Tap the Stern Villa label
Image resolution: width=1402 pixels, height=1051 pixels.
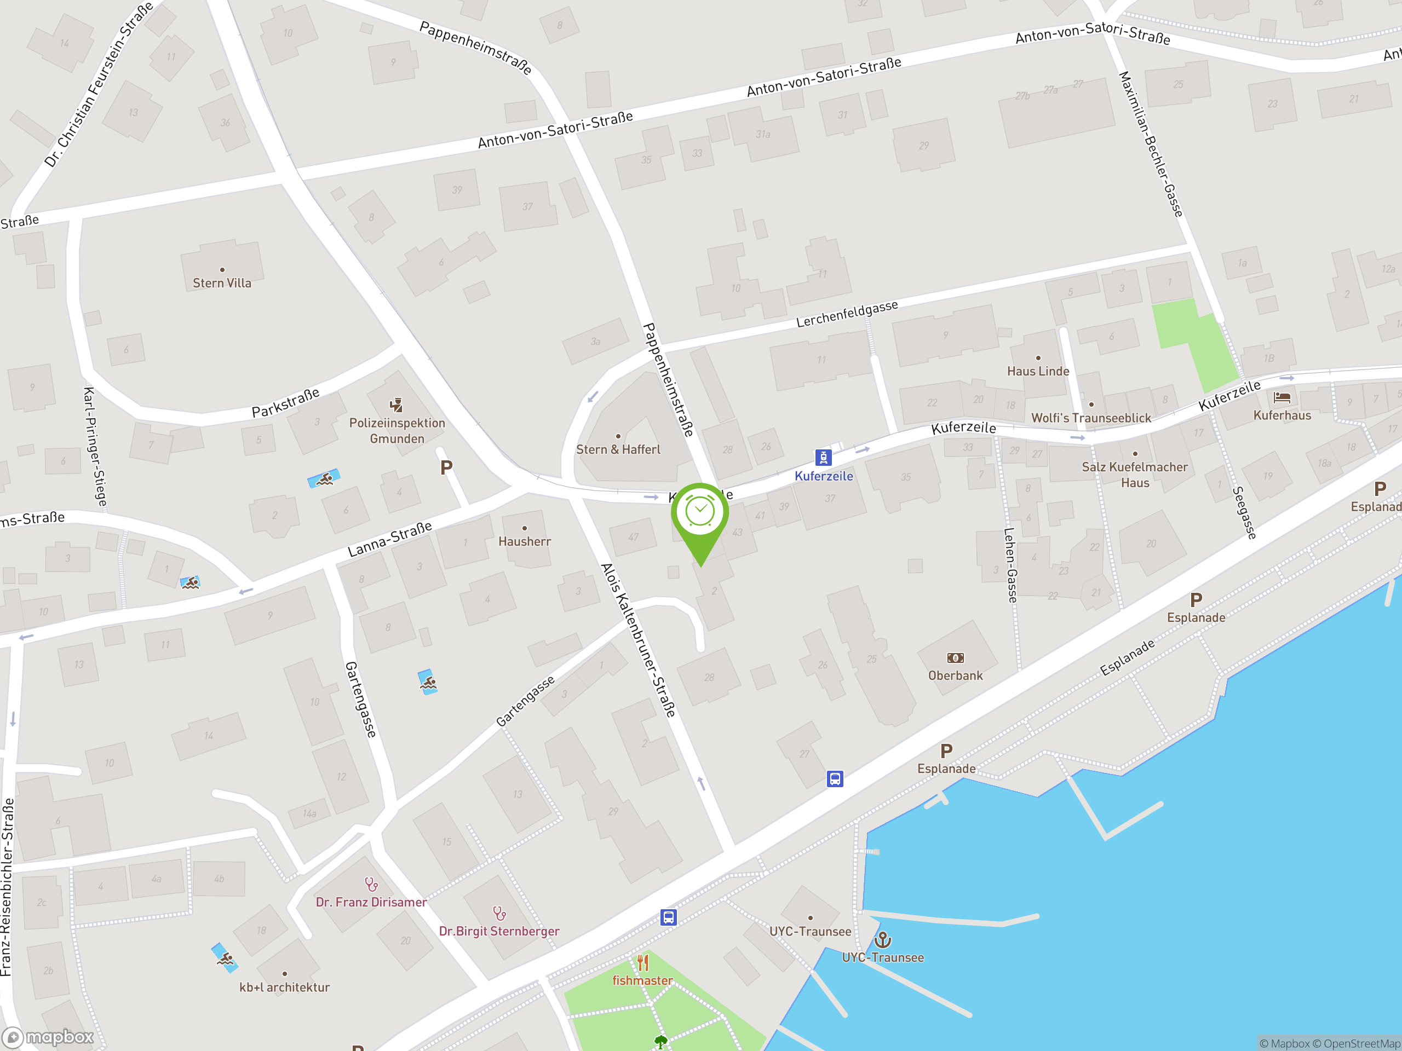(x=222, y=283)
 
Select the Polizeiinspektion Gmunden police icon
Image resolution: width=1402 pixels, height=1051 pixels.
(x=396, y=405)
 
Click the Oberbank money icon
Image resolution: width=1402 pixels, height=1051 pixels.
(x=955, y=658)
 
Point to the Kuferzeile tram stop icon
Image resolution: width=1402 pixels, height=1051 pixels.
(x=823, y=457)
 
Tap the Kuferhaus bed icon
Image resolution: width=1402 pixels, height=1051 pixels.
(x=1282, y=398)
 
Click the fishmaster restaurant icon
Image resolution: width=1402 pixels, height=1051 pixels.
(x=643, y=963)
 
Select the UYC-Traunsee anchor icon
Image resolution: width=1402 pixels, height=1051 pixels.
(x=882, y=939)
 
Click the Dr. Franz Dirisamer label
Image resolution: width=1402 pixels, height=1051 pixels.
(x=371, y=902)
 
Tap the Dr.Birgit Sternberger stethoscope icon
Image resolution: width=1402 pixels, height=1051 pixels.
(x=499, y=914)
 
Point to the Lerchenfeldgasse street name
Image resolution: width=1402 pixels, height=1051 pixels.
(x=847, y=314)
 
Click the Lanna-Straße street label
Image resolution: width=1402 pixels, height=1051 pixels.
(x=390, y=539)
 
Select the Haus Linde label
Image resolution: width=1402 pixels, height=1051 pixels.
(x=1038, y=371)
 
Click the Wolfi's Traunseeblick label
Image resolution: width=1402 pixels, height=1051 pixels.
(x=1091, y=418)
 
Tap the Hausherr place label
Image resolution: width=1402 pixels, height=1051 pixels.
(x=524, y=542)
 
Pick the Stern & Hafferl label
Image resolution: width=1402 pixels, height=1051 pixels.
(x=618, y=450)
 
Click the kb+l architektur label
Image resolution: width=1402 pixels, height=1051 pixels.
(x=285, y=987)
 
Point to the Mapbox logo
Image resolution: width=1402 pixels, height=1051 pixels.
(x=49, y=1037)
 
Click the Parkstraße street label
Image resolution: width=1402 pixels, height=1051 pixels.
(x=285, y=403)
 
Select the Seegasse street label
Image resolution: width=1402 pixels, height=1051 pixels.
(x=1244, y=512)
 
